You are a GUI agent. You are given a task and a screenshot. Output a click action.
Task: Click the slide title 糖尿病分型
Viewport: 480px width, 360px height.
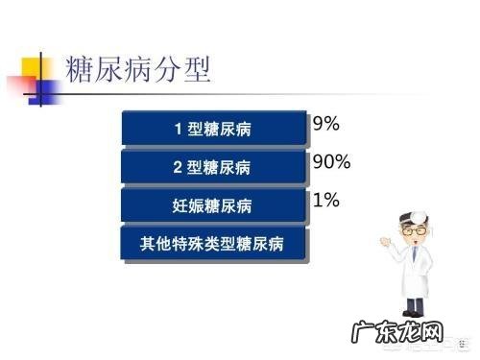138,69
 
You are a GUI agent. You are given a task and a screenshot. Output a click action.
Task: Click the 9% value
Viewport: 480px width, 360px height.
326,124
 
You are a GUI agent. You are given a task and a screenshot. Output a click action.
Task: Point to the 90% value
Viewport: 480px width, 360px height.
331,161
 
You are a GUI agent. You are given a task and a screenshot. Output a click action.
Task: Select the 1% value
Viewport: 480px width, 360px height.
326,200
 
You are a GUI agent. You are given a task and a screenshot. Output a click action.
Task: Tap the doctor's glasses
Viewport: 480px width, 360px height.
413,232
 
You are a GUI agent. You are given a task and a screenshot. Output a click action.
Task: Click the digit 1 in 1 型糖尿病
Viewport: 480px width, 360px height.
178,129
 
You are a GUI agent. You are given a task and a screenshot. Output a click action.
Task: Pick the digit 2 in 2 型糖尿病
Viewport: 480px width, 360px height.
178,166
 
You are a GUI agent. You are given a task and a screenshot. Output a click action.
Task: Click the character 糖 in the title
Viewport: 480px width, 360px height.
80,69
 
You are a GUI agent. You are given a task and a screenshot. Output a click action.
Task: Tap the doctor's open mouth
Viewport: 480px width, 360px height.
414,250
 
